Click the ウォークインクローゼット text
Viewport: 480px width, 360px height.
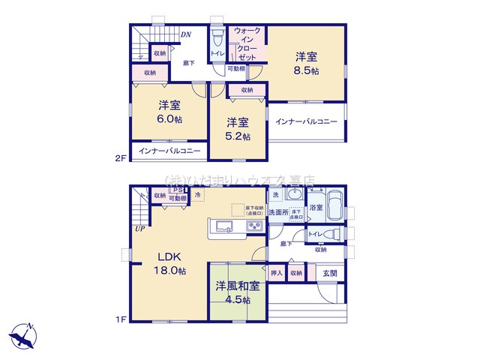click(247, 43)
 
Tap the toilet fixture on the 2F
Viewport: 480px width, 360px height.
click(216, 36)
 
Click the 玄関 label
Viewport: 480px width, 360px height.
click(330, 273)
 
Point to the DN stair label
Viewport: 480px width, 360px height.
click(185, 33)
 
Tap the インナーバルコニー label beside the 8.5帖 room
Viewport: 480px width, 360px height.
click(305, 121)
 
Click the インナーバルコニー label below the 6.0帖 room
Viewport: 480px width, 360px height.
click(169, 151)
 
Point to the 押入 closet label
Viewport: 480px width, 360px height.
click(276, 273)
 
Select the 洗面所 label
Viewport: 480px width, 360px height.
click(279, 212)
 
